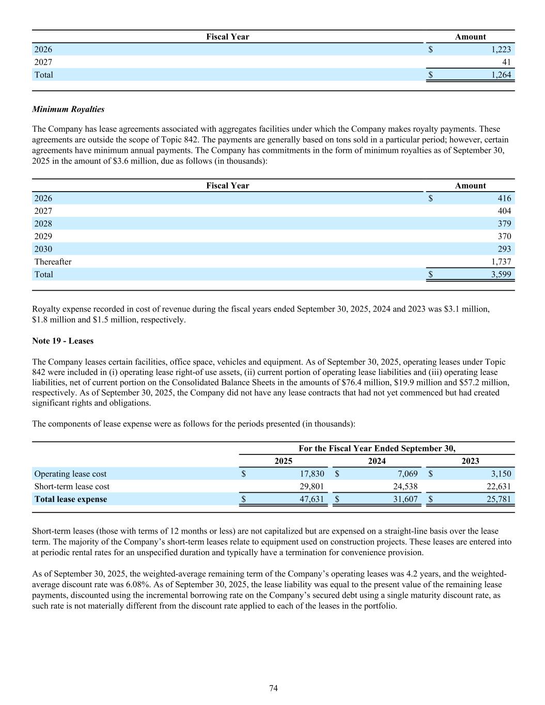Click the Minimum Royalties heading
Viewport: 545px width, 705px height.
[x=68, y=109]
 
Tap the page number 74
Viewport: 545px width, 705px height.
[x=273, y=688]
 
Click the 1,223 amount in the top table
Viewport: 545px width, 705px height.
[x=501, y=50]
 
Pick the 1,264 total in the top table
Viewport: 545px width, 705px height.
[x=501, y=75]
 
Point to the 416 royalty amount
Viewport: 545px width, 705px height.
[x=504, y=198]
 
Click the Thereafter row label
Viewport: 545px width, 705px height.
[x=53, y=262]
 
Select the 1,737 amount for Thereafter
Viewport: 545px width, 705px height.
[x=501, y=262]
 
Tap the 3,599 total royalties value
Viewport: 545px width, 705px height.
[x=501, y=274]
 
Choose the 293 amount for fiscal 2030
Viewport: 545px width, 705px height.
[x=504, y=249]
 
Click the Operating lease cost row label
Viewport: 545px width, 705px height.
[x=70, y=474]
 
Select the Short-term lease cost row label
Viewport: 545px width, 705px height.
[x=72, y=487]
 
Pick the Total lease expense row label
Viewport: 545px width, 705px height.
[x=71, y=499]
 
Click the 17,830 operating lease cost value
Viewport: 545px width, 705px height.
[x=312, y=474]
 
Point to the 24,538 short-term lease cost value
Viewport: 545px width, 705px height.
[x=405, y=487]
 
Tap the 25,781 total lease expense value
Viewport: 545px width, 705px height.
[x=499, y=499]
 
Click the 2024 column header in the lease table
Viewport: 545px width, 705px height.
[x=377, y=461]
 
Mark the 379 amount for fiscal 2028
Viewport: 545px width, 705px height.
[x=504, y=224]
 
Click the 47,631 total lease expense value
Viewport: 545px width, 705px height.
[x=312, y=499]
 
